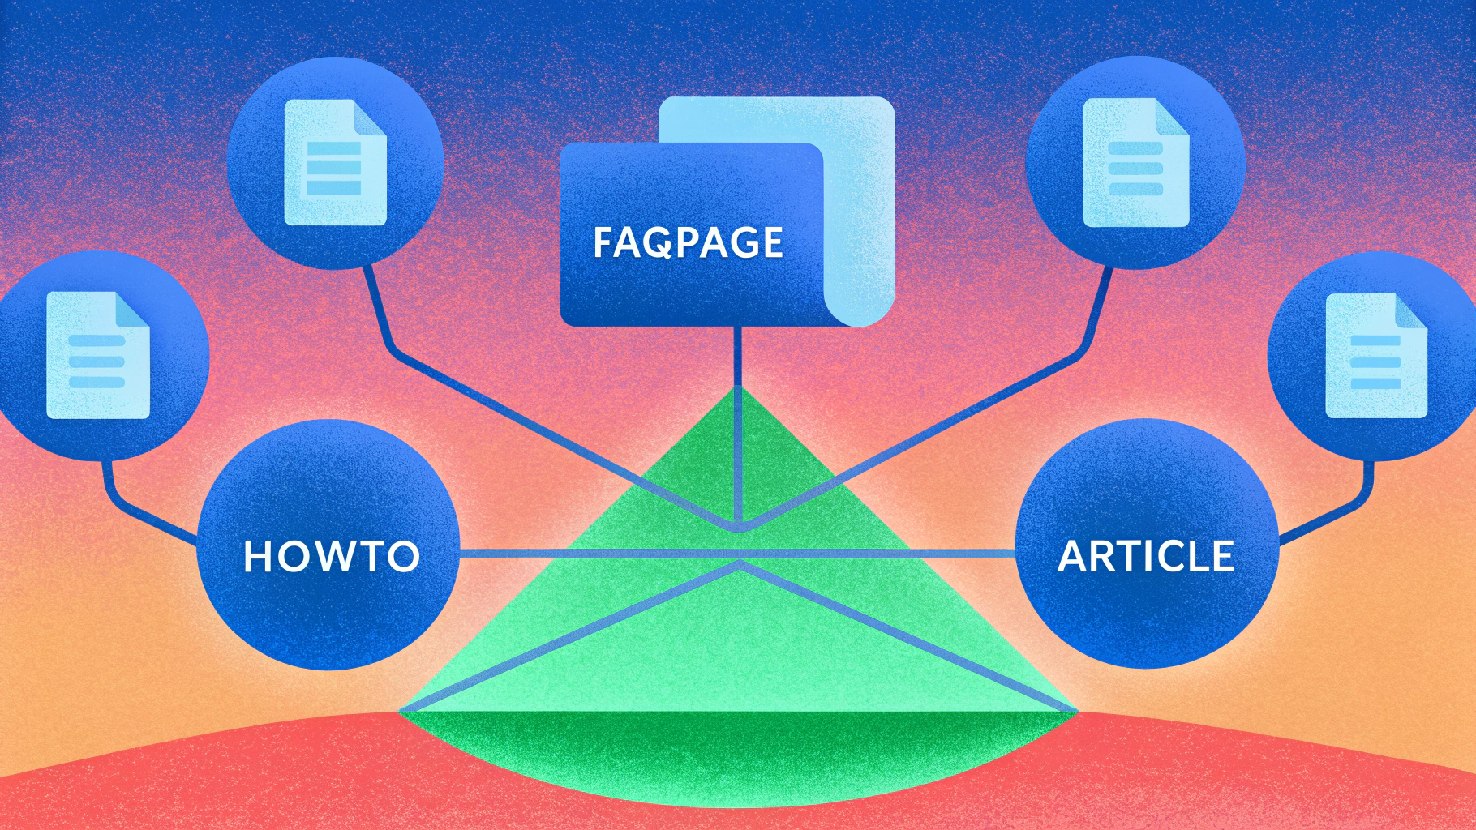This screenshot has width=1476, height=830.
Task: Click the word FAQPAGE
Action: pyautogui.click(x=688, y=242)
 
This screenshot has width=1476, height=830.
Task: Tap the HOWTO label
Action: pyautogui.click(x=332, y=556)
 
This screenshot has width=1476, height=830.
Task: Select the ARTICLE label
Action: pyautogui.click(x=1146, y=556)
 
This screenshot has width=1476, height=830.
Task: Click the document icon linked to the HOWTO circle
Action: pyautogui.click(x=98, y=355)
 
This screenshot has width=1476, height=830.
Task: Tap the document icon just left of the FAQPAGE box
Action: pyautogui.click(x=335, y=162)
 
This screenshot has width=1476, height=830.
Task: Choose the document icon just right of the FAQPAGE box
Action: pyautogui.click(x=1136, y=162)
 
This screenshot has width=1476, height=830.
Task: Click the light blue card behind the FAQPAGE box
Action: pyautogui.click(x=860, y=211)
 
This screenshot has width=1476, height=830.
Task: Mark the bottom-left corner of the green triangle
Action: pyautogui.click(x=398, y=712)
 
